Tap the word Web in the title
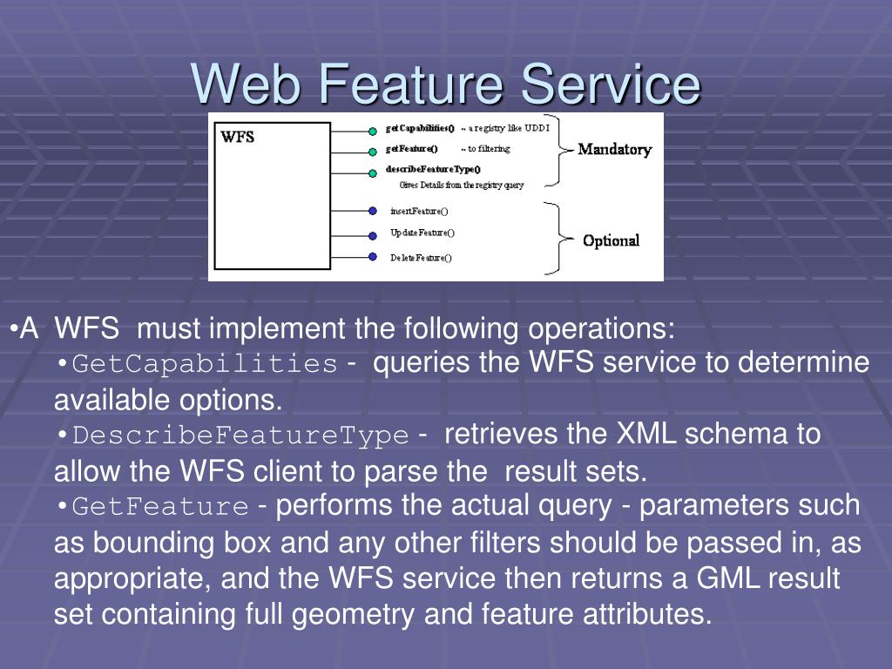point(248,84)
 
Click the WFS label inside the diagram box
point(237,137)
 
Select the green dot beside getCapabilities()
point(373,131)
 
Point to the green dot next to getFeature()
point(373,151)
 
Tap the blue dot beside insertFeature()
point(373,211)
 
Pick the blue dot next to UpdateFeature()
point(373,233)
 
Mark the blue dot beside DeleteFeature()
point(373,257)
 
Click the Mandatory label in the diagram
point(615,149)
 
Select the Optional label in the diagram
point(611,240)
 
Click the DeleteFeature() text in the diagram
point(421,258)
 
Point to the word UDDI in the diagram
point(537,129)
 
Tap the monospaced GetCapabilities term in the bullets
point(205,364)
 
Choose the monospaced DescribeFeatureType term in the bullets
point(240,435)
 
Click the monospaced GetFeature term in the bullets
point(160,506)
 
